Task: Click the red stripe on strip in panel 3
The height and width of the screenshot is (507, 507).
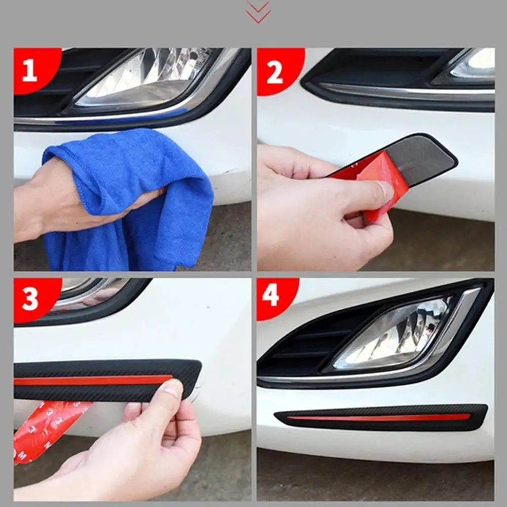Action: (91, 380)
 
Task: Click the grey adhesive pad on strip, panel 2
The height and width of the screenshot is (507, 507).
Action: (421, 160)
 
